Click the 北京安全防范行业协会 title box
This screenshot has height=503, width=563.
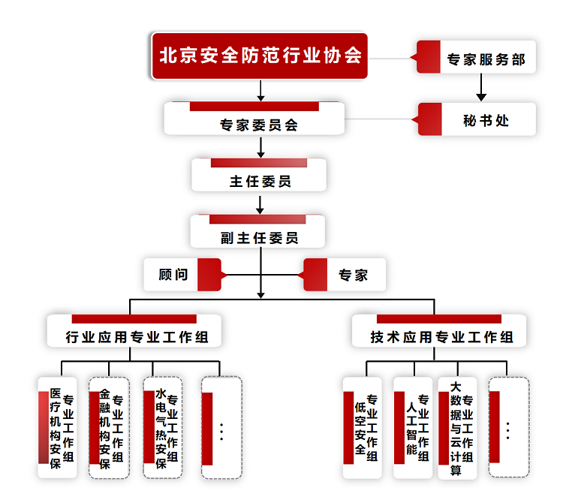(260, 56)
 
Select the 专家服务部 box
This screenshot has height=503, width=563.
(477, 57)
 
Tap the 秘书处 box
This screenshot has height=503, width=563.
(478, 119)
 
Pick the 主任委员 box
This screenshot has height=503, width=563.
(259, 175)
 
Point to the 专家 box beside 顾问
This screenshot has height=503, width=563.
(345, 275)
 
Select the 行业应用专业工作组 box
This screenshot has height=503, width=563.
(134, 332)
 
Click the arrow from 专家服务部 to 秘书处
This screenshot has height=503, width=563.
(482, 87)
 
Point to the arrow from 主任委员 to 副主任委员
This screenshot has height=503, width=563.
(260, 203)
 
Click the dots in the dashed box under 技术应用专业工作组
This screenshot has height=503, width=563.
(508, 430)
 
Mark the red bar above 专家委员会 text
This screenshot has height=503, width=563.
(254, 107)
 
